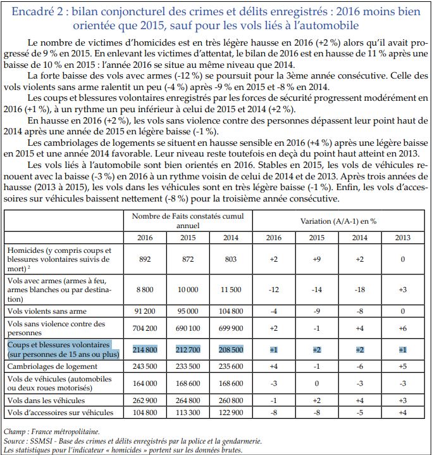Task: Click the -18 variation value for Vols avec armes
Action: (x=359, y=290)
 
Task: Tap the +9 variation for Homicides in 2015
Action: (x=317, y=259)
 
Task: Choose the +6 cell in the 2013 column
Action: (x=402, y=328)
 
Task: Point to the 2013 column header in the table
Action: (x=402, y=238)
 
